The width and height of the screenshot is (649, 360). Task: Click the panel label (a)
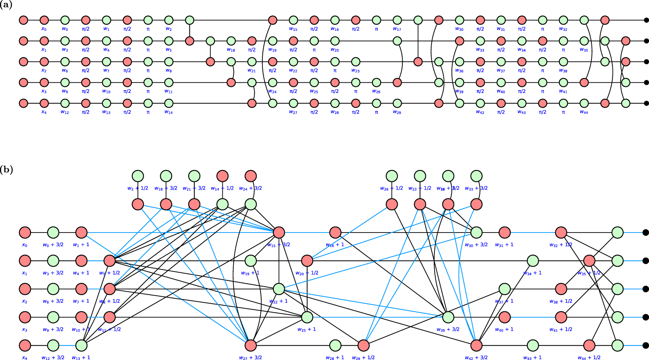(6, 5)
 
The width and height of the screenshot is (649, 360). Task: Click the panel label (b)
(6, 169)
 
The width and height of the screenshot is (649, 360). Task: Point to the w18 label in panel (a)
(231, 50)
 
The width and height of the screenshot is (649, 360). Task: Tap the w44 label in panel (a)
(584, 112)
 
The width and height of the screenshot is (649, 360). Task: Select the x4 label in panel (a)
(44, 112)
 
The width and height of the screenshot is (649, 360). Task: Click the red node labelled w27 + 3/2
(251, 345)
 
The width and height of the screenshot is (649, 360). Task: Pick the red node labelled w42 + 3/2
(476, 345)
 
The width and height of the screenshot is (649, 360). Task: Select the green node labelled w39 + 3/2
(448, 317)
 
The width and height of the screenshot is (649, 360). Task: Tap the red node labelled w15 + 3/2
(279, 233)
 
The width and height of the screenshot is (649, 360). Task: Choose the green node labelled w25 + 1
(307, 317)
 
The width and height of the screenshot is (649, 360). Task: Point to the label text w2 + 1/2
(138, 188)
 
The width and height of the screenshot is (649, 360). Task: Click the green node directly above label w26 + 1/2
(392, 176)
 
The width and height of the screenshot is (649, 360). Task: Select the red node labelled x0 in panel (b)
(25, 233)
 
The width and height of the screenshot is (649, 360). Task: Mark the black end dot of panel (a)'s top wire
(646, 20)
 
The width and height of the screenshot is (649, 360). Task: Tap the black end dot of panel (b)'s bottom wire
(645, 345)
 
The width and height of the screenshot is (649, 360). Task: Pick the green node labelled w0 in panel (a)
(65, 20)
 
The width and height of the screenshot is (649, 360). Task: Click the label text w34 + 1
(533, 273)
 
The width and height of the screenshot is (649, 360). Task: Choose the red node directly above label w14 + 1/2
(222, 176)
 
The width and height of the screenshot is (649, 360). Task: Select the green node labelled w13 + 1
(82, 345)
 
